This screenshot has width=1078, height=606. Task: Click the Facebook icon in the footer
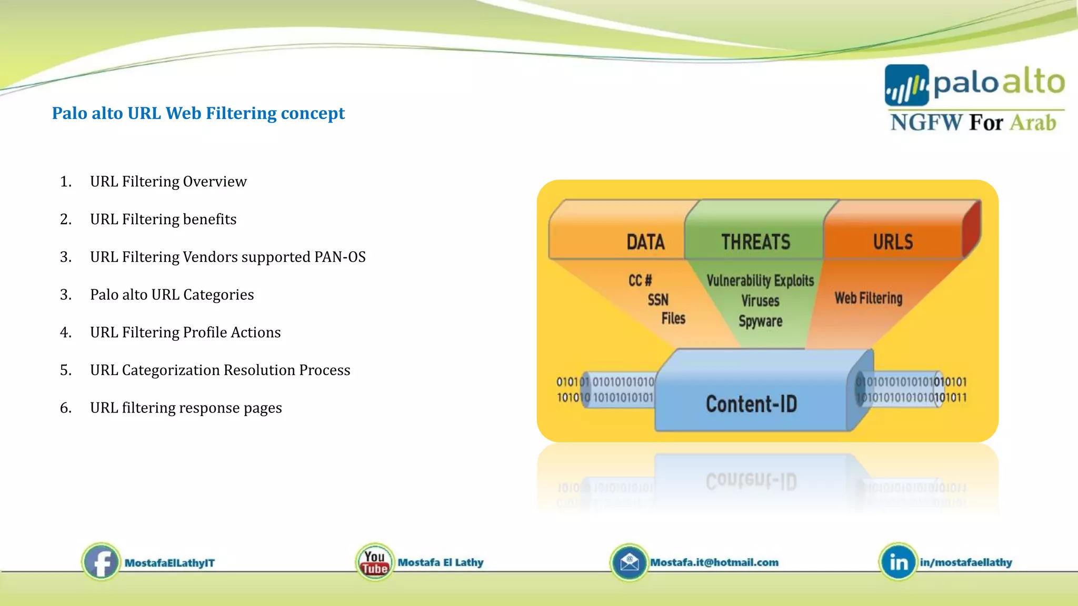tap(101, 562)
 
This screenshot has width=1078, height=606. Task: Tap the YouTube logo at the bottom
tap(375, 562)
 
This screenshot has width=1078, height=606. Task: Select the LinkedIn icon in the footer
tap(898, 562)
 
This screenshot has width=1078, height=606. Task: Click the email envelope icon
tap(629, 562)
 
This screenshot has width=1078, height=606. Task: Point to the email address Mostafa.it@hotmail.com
tap(714, 562)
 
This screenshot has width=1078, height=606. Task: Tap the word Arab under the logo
tap(1033, 123)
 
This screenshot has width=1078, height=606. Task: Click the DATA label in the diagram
tap(645, 242)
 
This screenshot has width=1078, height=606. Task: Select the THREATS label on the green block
tap(755, 242)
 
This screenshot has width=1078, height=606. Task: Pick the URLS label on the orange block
tap(893, 242)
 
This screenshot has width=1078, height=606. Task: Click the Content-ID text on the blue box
tap(751, 404)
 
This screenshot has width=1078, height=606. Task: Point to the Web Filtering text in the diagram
tap(869, 298)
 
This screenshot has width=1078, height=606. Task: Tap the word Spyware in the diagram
tap(760, 321)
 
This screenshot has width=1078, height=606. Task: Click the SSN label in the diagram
tap(658, 300)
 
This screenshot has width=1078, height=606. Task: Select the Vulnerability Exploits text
tap(760, 280)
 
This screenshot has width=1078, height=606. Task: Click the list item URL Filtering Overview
tap(168, 181)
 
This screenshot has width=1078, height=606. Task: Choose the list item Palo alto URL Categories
tap(172, 295)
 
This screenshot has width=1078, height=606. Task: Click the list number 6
tap(65, 408)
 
